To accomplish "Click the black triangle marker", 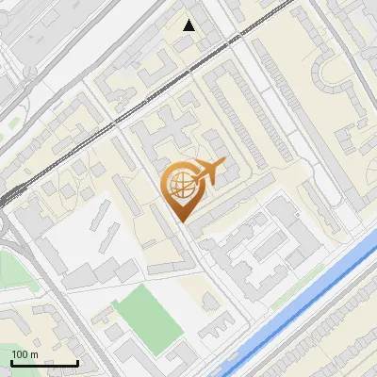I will pos(189,25).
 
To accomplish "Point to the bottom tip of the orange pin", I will pos(182,221).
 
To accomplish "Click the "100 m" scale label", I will pos(25,354).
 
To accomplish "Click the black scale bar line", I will pos(44,363).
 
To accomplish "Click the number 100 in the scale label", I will pos(20,354).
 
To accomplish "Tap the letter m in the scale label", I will pos(34,355).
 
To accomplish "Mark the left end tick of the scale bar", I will pos(11,361).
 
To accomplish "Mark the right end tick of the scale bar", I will pos(77,361).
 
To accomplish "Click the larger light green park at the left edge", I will pos(9,265).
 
